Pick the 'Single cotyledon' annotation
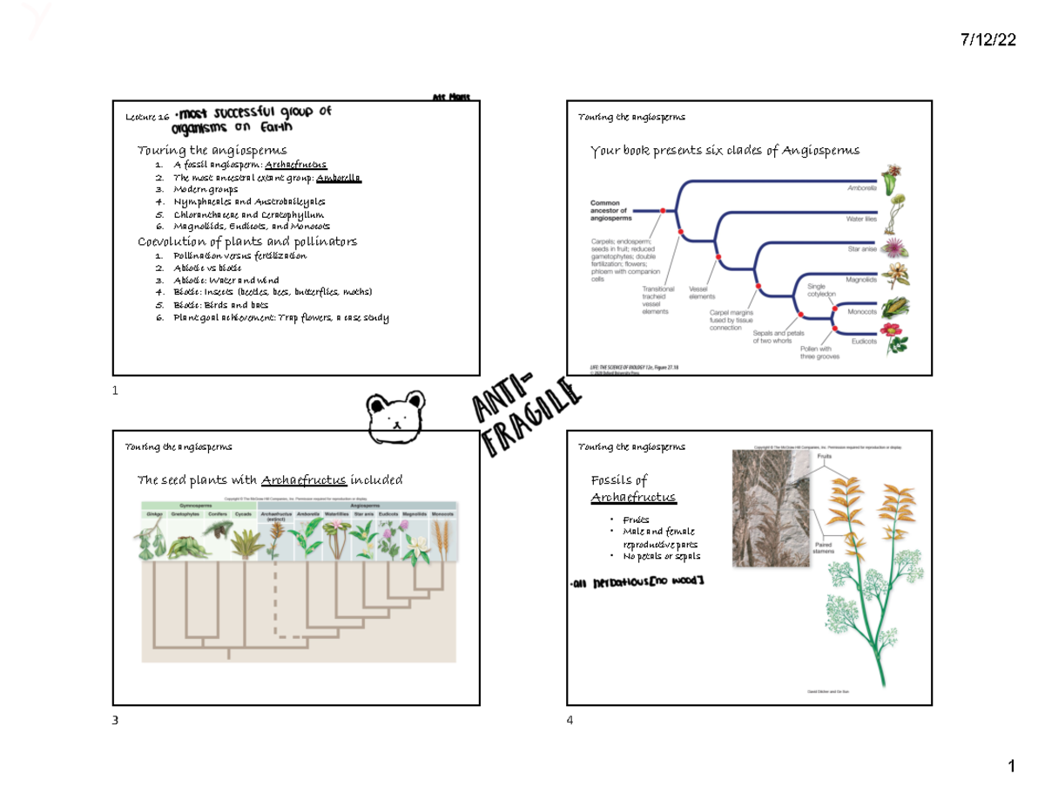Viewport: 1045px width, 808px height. tap(821, 290)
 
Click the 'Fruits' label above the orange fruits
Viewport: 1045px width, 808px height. tap(825, 456)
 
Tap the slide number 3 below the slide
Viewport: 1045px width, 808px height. tap(115, 721)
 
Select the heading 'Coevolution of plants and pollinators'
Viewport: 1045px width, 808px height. tap(247, 241)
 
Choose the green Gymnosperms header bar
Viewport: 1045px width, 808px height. tap(198, 505)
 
